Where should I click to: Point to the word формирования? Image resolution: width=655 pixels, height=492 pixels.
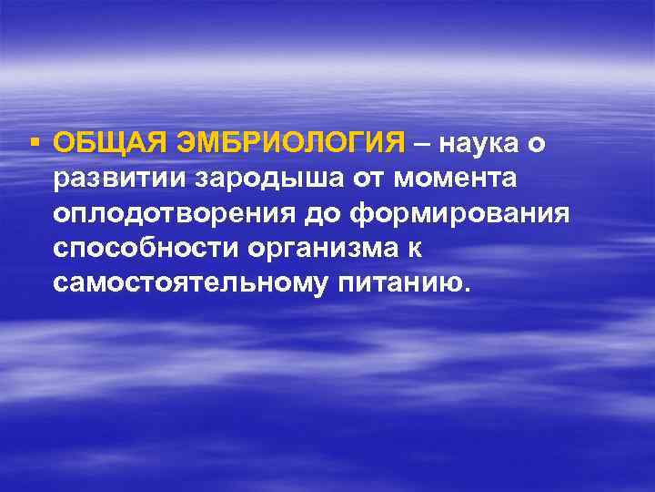(x=465, y=214)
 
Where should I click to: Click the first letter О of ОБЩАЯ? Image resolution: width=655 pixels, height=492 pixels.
(x=64, y=143)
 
